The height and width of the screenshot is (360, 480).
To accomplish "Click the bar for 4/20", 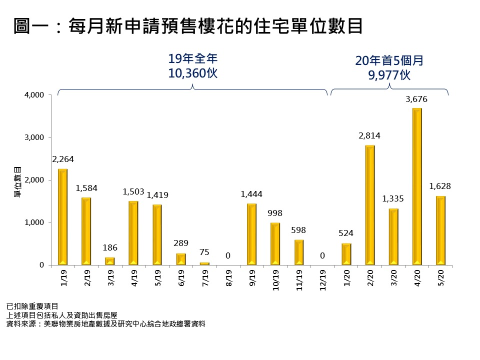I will coord(417,186).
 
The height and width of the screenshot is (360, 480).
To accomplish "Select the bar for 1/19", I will coord(62,217).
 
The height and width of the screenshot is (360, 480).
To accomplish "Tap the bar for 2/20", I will coord(370,205).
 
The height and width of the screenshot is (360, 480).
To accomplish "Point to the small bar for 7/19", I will coord(204,263).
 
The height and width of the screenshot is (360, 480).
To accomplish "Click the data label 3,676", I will coord(416,99).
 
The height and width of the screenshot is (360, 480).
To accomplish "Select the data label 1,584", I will coord(86,188).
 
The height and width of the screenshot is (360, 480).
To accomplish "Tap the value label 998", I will coord(275,213).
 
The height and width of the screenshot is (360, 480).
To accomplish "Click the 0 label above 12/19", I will coord(322,255).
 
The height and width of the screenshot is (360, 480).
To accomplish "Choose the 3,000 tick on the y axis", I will coord(35,137).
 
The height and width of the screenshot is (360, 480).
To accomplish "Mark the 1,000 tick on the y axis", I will coord(35,222).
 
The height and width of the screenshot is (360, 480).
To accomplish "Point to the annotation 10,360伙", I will coord(193,73).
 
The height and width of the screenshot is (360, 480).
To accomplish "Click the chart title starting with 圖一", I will coord(188,26).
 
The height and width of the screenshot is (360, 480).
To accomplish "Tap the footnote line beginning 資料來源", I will coord(105,323).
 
